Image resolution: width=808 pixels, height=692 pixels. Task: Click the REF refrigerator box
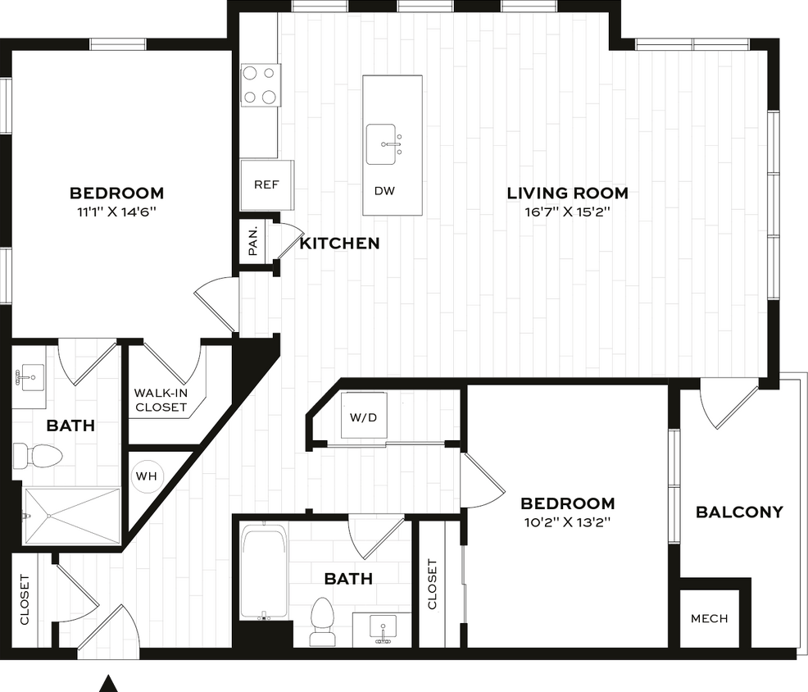tap(266, 184)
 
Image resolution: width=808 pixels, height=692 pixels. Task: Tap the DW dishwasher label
tap(384, 191)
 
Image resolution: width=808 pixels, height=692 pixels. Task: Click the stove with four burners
tap(261, 84)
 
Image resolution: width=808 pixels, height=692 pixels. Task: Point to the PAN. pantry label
tap(253, 240)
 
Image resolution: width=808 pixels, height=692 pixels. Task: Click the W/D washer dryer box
tap(364, 417)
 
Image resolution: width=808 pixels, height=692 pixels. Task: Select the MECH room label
tap(709, 618)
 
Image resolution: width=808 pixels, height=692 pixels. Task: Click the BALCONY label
tap(739, 512)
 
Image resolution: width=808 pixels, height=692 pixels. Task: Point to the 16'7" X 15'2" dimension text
tap(567, 212)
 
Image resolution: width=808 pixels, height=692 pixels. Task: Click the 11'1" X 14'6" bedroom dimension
tap(116, 212)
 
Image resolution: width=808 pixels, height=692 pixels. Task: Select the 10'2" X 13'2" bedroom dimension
tap(567, 521)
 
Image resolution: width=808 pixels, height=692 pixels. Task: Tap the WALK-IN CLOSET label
tap(161, 400)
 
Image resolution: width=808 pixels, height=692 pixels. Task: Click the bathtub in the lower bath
tap(264, 572)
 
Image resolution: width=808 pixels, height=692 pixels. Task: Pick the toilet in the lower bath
tap(323, 621)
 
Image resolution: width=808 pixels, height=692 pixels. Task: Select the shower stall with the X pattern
tap(71, 516)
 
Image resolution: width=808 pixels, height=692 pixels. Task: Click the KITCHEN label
tap(339, 244)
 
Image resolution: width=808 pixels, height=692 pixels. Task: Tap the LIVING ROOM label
tap(567, 193)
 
